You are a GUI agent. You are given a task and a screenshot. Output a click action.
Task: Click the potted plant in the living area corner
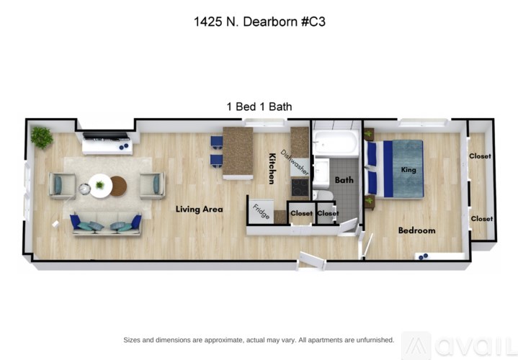coord(41,137)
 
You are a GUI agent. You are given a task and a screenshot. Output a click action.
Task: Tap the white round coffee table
coord(99,186)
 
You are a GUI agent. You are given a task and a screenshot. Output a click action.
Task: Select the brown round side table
coord(119,186)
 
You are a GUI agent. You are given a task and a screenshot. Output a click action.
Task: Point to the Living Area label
coord(200,210)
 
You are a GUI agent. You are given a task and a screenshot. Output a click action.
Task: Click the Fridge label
coord(261,213)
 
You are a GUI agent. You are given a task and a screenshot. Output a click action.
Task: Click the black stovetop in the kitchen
coord(300,186)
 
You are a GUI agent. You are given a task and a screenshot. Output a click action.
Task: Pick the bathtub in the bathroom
coord(335,143)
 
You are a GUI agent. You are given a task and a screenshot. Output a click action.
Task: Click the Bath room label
coord(344,180)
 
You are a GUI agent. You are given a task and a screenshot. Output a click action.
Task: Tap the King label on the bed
coord(408,170)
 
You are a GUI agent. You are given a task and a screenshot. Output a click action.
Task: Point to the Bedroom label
coord(416,230)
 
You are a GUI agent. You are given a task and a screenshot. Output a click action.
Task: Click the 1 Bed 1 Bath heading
coord(259,107)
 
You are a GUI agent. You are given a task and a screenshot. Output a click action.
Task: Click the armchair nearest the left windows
coord(61,185)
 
